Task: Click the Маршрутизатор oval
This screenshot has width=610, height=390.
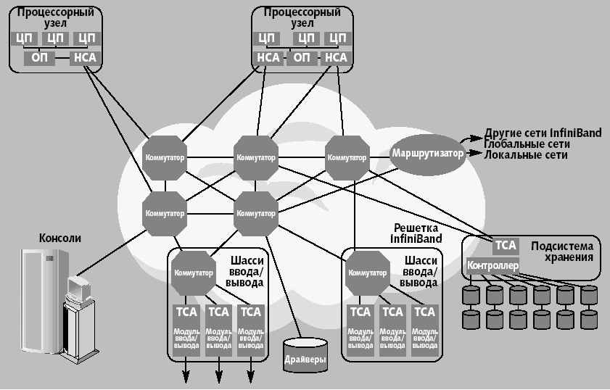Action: pyautogui.click(x=427, y=154)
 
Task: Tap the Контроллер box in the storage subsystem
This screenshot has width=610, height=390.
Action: pyautogui.click(x=493, y=265)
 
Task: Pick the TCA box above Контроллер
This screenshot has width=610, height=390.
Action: pyautogui.click(x=506, y=246)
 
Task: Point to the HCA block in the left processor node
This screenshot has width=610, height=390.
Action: pyautogui.click(x=84, y=58)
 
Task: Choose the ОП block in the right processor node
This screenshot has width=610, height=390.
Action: pyautogui.click(x=303, y=58)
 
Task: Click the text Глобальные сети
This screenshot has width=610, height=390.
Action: pyautogui.click(x=524, y=145)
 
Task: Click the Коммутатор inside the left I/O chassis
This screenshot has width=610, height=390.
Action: pyautogui.click(x=193, y=273)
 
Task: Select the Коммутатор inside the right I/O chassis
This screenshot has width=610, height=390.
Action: pyautogui.click(x=367, y=273)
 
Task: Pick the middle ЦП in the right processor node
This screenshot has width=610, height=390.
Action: pyautogui.click(x=307, y=38)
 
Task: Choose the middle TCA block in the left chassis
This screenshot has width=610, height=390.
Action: pyautogui.click(x=218, y=312)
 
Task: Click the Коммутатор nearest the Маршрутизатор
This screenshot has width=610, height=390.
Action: pyautogui.click(x=347, y=157)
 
